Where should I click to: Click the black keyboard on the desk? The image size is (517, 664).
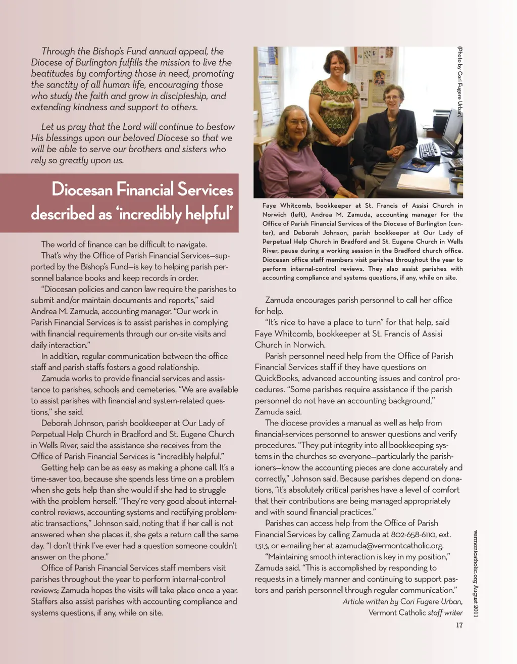[429, 150]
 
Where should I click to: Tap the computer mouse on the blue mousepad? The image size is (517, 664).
[419, 161]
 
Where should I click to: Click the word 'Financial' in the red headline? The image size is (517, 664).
[146, 189]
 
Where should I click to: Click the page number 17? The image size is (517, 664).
[459, 625]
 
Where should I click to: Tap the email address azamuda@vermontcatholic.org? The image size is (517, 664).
[389, 545]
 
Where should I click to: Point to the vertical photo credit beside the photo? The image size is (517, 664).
[459, 81]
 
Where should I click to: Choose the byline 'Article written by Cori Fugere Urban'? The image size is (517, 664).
[402, 601]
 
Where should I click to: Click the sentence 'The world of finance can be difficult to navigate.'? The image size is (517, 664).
[124, 245]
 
